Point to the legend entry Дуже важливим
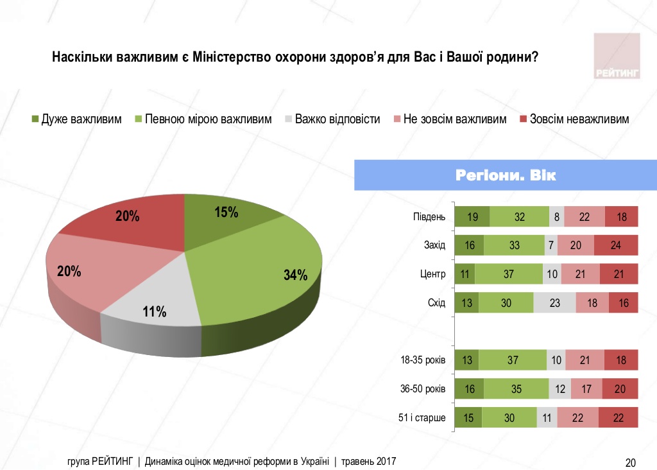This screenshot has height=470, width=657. tap(77, 119)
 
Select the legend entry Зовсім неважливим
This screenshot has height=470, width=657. tap(574, 119)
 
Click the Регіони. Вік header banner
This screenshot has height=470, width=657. tap(506, 175)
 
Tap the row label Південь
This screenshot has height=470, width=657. tap(429, 217)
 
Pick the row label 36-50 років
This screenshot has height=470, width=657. tap(422, 389)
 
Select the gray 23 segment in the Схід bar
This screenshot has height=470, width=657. tap(554, 302)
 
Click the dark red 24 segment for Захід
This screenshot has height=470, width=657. tap(616, 245)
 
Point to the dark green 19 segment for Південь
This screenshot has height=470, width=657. tap(472, 217)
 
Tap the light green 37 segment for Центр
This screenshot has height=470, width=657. tap(509, 274)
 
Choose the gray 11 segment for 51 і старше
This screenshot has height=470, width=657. tap(547, 417)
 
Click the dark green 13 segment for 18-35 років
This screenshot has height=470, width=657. tap(466, 360)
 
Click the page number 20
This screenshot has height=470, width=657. tap(630, 462)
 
